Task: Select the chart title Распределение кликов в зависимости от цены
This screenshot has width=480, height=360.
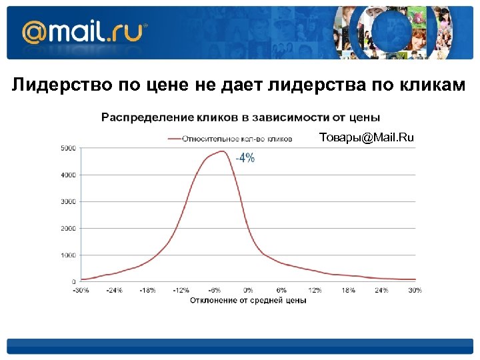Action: (241, 117)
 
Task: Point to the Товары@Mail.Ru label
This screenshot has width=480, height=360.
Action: (366, 138)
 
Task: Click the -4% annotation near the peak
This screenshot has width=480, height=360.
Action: (245, 158)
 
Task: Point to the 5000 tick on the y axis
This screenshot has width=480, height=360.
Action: (68, 148)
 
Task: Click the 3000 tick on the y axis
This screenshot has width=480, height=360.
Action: (68, 201)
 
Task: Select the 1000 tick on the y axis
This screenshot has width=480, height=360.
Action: (68, 255)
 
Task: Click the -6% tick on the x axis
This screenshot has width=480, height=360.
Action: (214, 290)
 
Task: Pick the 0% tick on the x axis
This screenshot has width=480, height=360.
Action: (248, 290)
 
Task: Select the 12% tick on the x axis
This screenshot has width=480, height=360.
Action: (315, 290)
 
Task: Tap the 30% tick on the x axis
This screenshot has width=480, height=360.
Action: (415, 290)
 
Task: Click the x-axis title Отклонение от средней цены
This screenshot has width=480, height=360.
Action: (248, 301)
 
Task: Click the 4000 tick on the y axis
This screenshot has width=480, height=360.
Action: (68, 175)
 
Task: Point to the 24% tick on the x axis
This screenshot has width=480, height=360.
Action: (381, 290)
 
